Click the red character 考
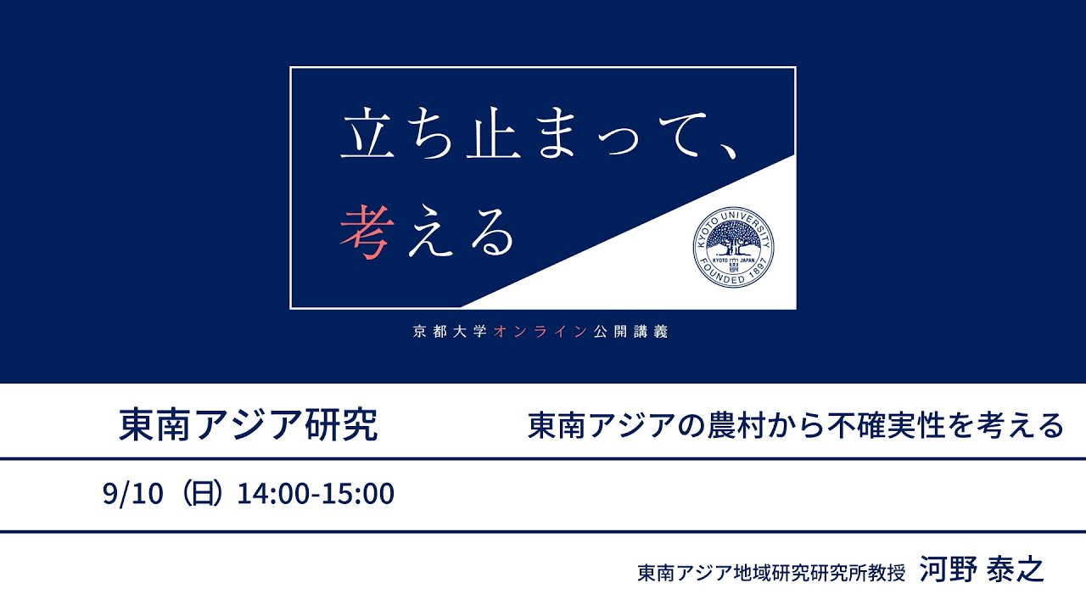click(366, 233)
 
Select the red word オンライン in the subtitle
click(540, 332)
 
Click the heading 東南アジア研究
click(248, 425)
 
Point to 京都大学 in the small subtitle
click(450, 332)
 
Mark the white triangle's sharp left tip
click(462, 306)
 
